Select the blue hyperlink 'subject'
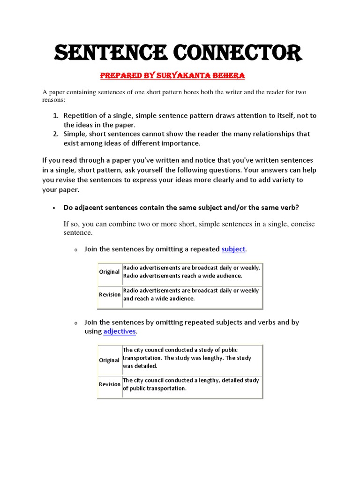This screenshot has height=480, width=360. point(233,249)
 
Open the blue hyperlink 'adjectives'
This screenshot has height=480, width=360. point(120,331)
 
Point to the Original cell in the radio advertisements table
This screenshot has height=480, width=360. point(109,272)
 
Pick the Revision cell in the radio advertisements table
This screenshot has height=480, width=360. point(110,294)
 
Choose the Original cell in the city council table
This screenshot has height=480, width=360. point(109,360)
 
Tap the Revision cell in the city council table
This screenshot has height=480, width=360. point(110,384)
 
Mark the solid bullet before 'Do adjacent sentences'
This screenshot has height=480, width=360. point(54,208)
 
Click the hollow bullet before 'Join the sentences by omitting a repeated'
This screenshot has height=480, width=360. point(75,250)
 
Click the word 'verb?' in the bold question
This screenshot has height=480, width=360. point(290,207)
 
